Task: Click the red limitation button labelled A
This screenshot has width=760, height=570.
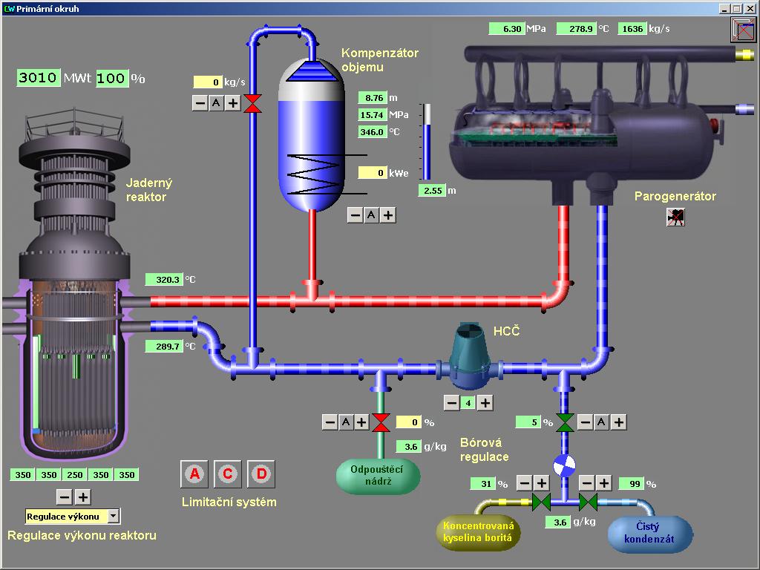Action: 194,474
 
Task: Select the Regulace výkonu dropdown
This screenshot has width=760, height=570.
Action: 72,516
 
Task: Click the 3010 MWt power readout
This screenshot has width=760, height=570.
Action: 38,78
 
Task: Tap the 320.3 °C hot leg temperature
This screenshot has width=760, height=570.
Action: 163,280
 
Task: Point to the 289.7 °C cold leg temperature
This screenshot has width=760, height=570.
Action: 163,347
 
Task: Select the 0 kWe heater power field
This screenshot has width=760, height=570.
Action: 373,173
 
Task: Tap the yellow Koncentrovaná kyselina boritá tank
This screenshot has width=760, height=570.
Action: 477,533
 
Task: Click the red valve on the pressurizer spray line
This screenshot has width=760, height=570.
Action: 253,103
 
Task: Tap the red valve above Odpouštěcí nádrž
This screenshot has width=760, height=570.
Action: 381,422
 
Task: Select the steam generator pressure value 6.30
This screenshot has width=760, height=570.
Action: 507,29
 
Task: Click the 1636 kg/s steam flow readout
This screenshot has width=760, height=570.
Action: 632,29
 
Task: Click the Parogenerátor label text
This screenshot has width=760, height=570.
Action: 675,197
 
